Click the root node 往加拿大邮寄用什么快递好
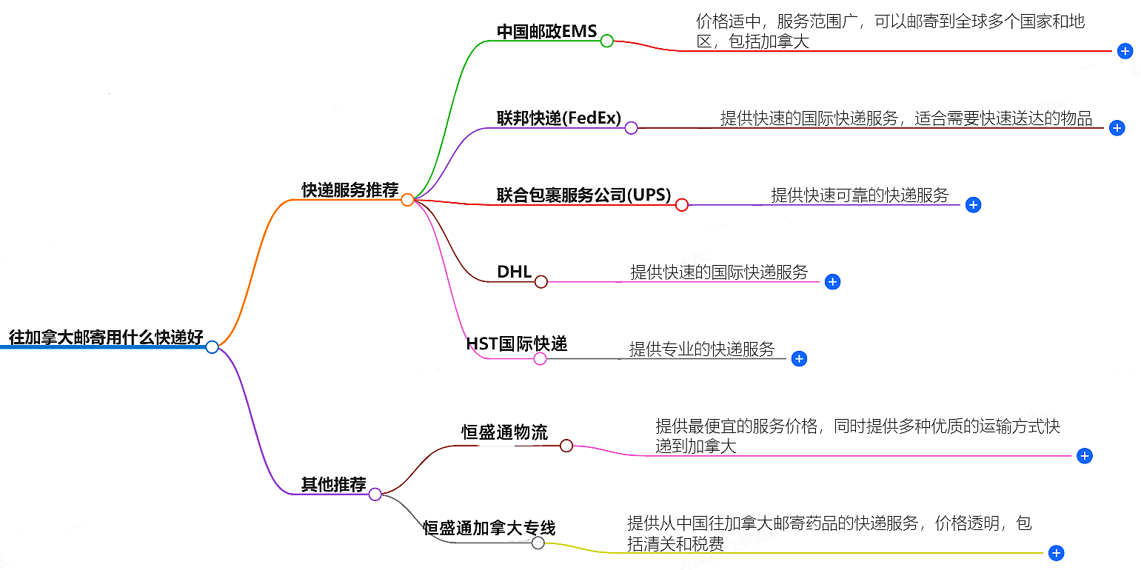tap(106, 338)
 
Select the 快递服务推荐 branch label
tap(349, 190)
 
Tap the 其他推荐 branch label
tap(333, 485)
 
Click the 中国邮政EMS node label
tap(546, 32)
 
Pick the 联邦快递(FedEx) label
tap(559, 118)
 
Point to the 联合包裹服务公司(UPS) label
tap(583, 195)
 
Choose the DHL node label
tap(515, 272)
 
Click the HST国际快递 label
tap(517, 344)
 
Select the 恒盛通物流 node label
tap(505, 432)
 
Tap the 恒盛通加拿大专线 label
tap(489, 528)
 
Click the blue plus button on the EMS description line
tap(1125, 51)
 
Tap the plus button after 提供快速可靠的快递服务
tap(973, 205)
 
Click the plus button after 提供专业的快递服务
tap(798, 359)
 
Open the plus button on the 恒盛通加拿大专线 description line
tap(1057, 553)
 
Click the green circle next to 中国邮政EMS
tap(606, 41)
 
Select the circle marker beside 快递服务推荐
tap(407, 200)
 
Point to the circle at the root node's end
tap(213, 347)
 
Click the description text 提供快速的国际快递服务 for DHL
tap(719, 272)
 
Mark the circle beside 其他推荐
tap(375, 494)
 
